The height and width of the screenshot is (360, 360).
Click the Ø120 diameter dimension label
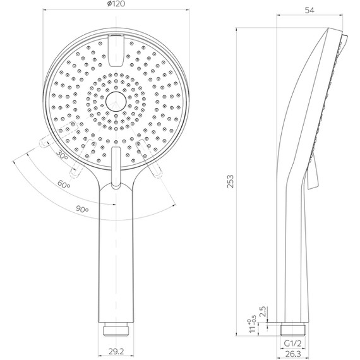tap(116, 4)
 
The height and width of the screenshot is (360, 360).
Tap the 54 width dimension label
tap(309, 10)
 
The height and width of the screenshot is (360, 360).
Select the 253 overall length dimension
tap(231, 181)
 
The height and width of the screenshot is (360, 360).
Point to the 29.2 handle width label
tap(116, 351)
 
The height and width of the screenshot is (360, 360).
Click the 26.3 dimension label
tap(292, 354)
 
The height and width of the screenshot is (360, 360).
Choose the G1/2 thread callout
tap(292, 344)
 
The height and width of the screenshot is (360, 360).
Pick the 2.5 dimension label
tap(263, 311)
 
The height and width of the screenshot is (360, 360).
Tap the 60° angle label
tap(64, 184)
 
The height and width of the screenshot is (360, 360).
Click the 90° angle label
tap(82, 209)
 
